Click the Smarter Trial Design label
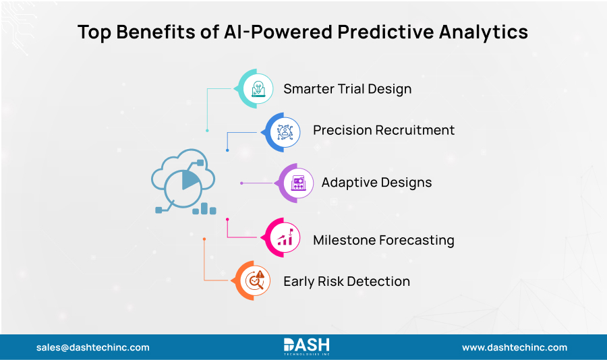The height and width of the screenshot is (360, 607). tap(347, 89)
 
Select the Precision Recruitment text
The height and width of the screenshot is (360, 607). tap(383, 130)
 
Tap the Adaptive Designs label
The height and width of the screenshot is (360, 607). tap(376, 183)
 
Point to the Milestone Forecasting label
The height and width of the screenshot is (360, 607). tap(383, 240)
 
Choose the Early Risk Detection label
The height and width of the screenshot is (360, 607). tap(346, 281)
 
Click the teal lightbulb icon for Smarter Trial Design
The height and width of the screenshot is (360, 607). tap(258, 88)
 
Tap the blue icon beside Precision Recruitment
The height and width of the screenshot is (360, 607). tap(285, 131)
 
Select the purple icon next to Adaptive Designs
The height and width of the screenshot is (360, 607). tap(297, 183)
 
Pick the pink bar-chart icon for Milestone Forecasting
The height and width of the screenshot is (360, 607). tap(286, 238)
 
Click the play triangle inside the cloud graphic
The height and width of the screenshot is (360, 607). tap(190, 180)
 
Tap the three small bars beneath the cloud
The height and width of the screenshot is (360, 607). tap(204, 208)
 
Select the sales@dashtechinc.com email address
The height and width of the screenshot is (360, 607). tap(93, 348)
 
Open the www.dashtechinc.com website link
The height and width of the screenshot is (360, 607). tap(514, 348)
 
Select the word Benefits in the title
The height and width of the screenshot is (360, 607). tap(152, 32)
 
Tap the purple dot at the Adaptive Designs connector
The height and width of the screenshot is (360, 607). tap(241, 183)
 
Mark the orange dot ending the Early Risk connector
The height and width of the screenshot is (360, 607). tap(204, 239)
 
